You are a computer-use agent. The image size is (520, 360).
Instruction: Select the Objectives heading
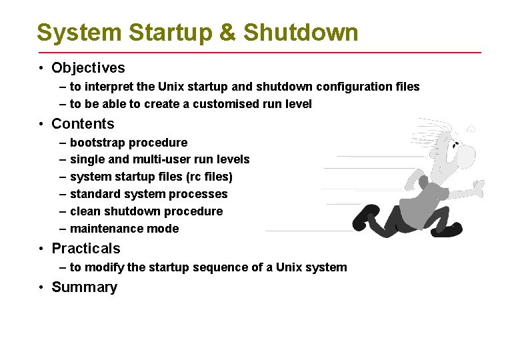click(88, 68)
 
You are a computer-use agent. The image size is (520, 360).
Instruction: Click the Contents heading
click(83, 124)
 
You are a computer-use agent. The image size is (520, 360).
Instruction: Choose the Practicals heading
click(86, 249)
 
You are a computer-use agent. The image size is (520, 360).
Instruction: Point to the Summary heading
click(84, 287)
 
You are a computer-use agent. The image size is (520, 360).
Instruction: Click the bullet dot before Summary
click(41, 288)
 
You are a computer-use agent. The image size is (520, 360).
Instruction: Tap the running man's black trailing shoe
click(367, 216)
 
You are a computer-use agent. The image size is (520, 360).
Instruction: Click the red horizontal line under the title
click(260, 52)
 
